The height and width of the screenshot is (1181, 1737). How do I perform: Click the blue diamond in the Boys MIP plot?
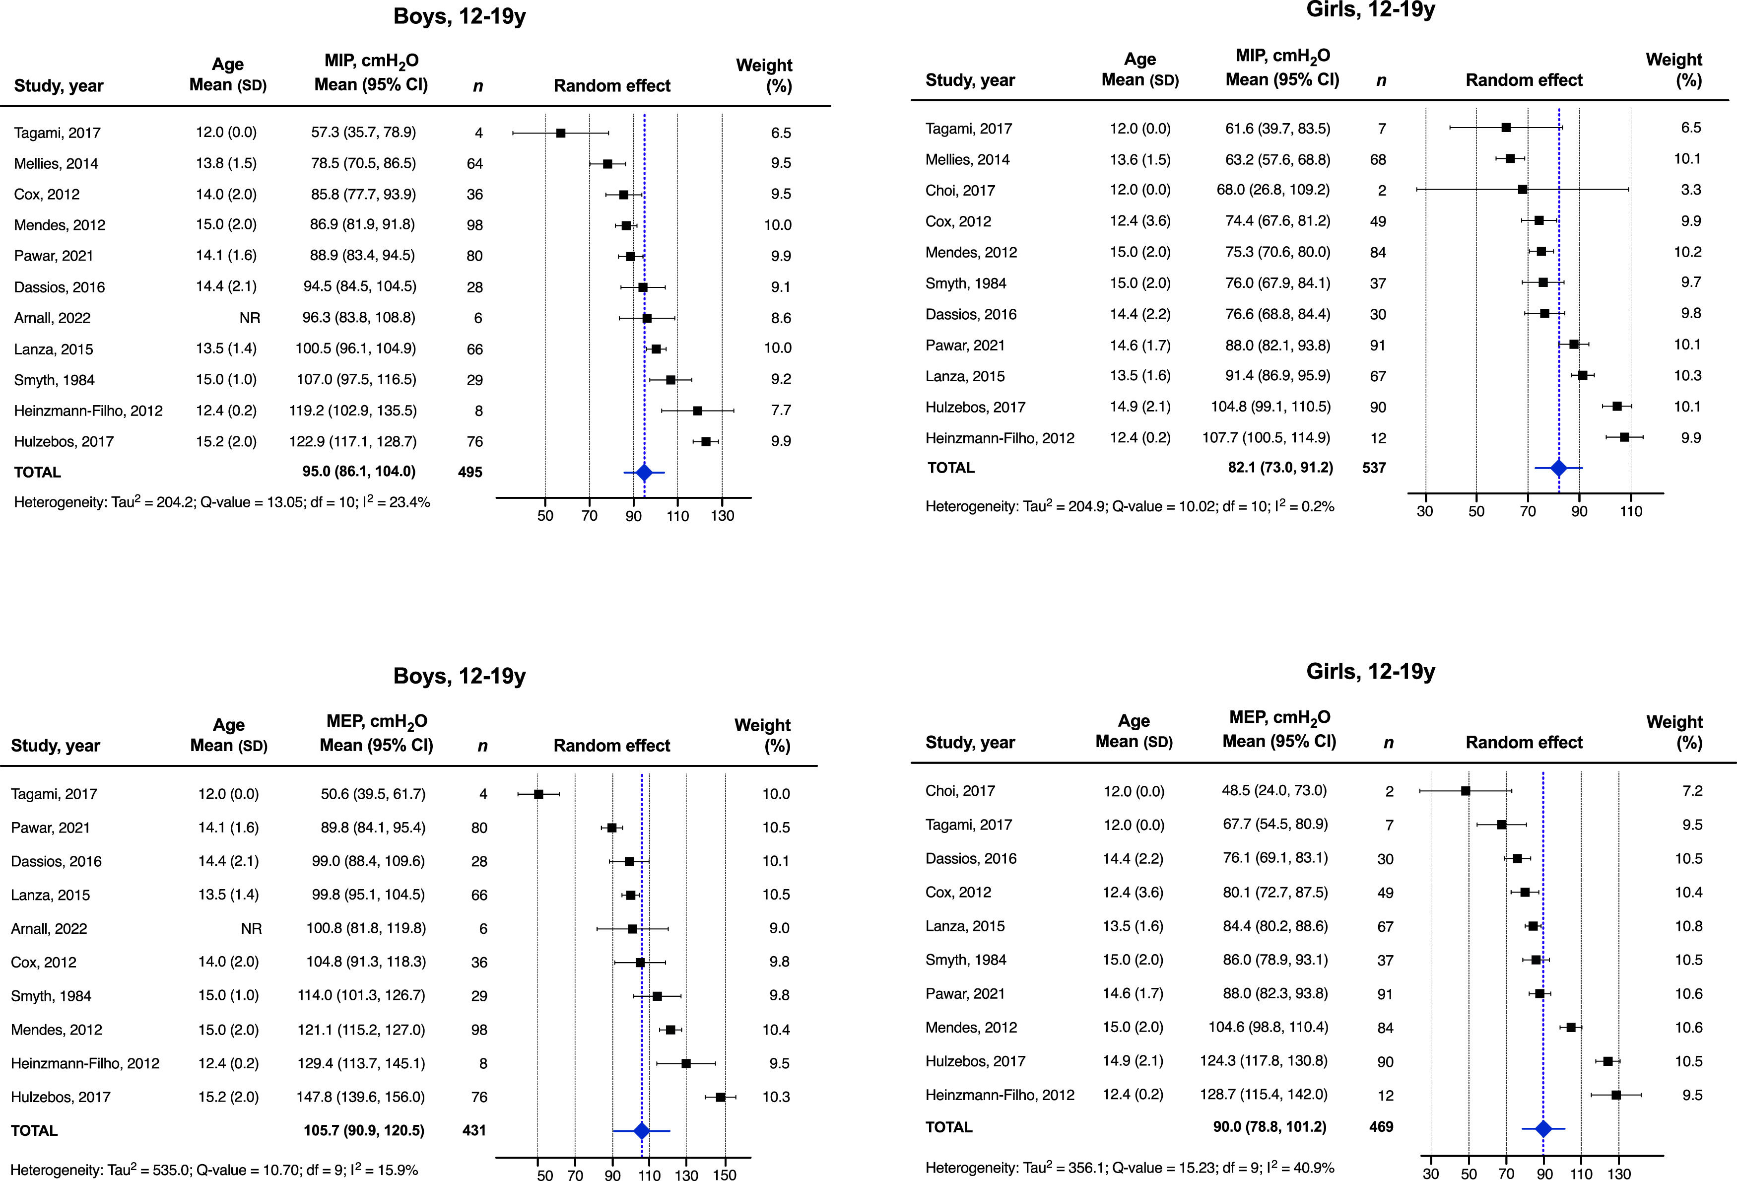click(644, 473)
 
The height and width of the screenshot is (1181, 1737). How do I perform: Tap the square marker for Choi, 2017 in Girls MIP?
click(1523, 190)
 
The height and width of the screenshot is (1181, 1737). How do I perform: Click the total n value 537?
click(1374, 468)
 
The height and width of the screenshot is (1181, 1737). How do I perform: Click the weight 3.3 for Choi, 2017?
click(1691, 190)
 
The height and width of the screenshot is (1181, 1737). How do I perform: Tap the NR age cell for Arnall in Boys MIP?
click(250, 318)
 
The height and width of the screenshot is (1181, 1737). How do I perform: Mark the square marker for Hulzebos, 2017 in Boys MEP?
click(720, 1097)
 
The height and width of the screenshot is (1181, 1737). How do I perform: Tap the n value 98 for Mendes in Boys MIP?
click(474, 225)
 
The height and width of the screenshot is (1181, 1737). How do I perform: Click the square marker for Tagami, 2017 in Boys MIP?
click(561, 133)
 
